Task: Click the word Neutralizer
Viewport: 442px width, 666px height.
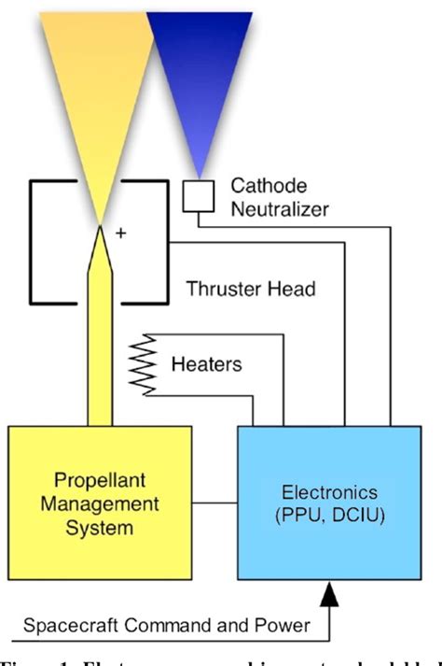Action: point(281,209)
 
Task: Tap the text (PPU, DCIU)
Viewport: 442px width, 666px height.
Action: point(328,516)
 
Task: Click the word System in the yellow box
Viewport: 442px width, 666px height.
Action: point(99,528)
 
